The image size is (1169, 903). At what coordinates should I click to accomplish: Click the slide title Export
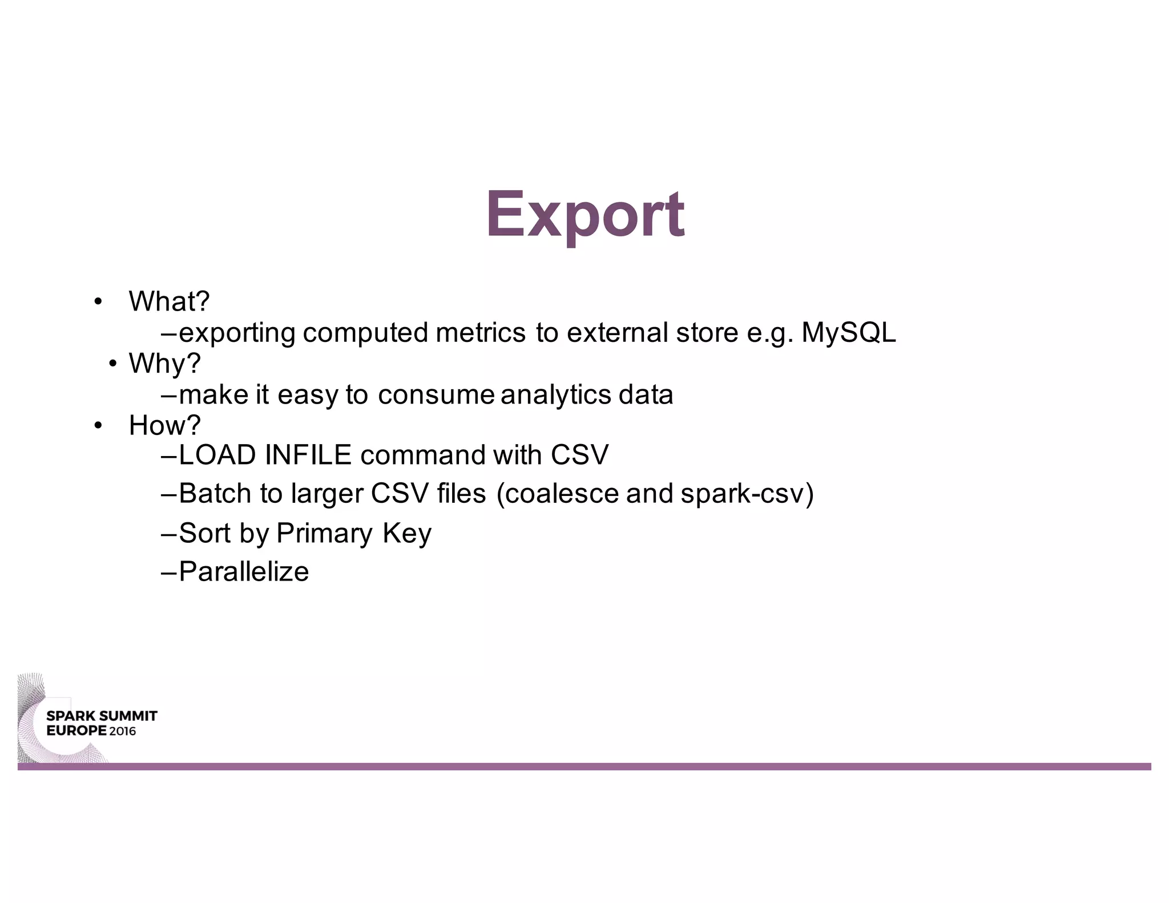pos(585,215)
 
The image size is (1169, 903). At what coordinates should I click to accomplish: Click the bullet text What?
pos(169,301)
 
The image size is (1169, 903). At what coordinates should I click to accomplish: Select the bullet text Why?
pos(165,364)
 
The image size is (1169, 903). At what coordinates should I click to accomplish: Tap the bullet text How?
pos(165,425)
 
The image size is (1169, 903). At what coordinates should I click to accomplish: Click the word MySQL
pos(848,333)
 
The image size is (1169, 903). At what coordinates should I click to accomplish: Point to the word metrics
pos(480,333)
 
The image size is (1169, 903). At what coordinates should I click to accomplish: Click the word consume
pos(436,395)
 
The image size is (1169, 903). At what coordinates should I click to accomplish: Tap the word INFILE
pos(308,455)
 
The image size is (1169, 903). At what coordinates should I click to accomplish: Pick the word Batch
pos(215,494)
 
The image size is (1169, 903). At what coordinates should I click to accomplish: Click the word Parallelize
pos(244,572)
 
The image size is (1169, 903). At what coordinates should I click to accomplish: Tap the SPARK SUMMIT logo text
pos(102,716)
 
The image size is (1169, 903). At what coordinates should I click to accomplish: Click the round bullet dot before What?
pos(98,301)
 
